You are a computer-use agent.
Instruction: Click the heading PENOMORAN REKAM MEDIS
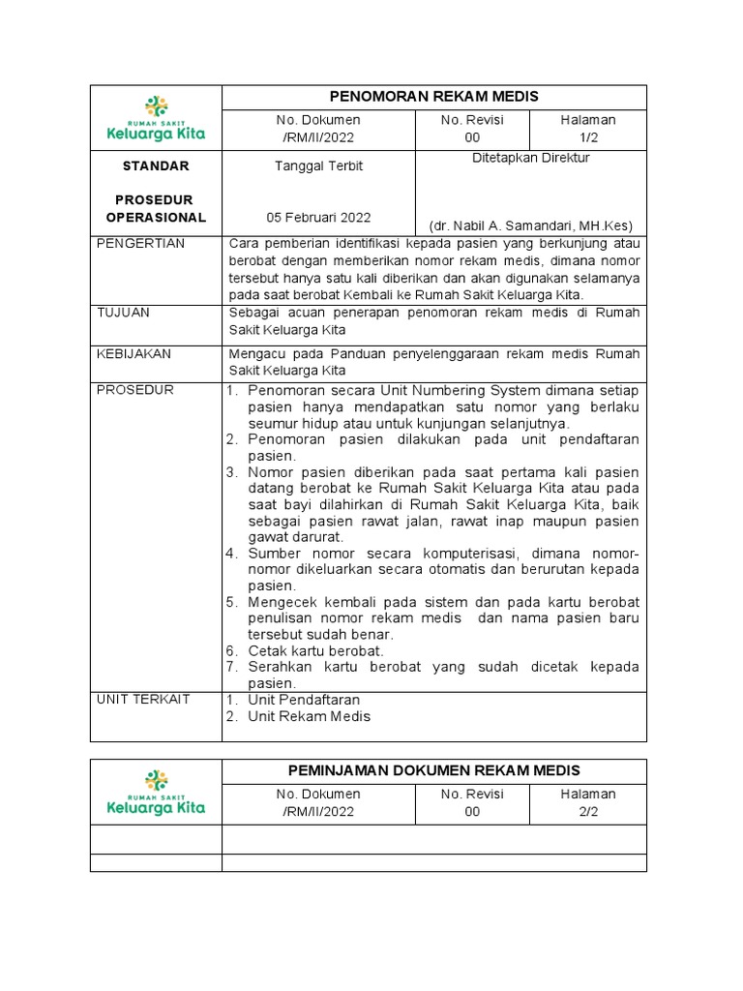[x=433, y=96]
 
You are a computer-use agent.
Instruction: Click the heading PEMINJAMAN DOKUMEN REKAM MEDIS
[x=433, y=770]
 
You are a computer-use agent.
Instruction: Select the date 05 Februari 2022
[x=318, y=218]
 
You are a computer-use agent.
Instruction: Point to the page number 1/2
[x=587, y=138]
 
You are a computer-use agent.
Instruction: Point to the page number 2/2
[x=587, y=812]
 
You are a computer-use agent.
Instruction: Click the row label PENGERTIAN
[x=141, y=243]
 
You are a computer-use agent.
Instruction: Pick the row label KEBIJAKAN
[x=134, y=354]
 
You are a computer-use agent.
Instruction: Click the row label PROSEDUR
[x=135, y=390]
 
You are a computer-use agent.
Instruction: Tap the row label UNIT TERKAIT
[x=144, y=699]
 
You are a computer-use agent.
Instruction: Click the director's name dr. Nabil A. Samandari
[x=530, y=225]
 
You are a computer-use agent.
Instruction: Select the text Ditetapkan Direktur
[x=530, y=158]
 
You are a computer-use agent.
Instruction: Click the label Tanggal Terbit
[x=318, y=165]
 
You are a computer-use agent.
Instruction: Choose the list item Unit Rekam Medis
[x=309, y=717]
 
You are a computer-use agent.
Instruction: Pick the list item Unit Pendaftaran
[x=304, y=699]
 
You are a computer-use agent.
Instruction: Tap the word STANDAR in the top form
[x=156, y=165]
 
